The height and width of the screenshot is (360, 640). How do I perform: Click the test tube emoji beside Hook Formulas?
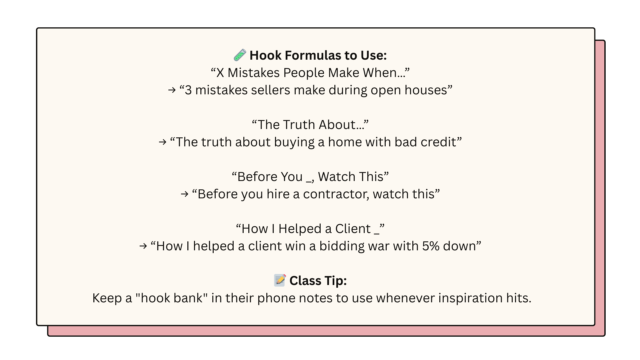tap(240, 55)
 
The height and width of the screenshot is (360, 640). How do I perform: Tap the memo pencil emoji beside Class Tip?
tap(280, 280)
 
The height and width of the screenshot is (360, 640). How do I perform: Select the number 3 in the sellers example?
tap(188, 90)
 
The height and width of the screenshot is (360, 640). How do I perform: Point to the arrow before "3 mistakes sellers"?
tap(172, 90)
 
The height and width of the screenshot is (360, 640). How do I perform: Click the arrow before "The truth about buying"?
tap(163, 142)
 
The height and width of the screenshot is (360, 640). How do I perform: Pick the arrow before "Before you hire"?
tap(185, 194)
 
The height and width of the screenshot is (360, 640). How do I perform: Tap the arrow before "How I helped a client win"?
tap(143, 246)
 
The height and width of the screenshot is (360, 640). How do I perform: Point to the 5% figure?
tap(431, 246)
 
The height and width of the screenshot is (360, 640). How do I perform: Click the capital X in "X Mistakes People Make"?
tap(220, 73)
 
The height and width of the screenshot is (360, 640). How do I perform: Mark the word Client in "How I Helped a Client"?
tap(353, 229)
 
